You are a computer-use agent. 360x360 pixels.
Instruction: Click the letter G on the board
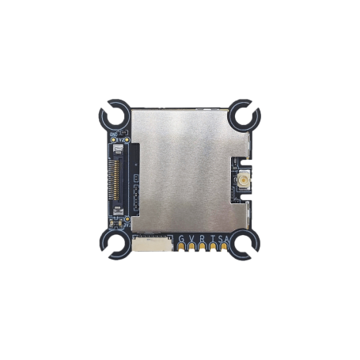pos(182,240)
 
